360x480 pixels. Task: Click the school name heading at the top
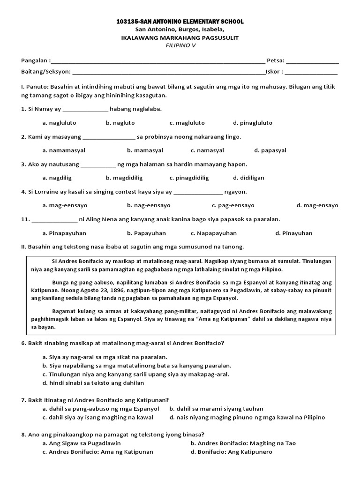click(180, 22)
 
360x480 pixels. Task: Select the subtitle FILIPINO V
click(180, 46)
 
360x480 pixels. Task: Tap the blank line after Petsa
click(312, 61)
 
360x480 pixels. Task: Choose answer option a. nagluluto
click(59, 123)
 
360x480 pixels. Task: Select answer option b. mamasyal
click(145, 150)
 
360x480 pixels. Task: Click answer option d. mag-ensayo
click(317, 205)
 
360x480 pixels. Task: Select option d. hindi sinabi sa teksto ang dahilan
click(93, 383)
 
